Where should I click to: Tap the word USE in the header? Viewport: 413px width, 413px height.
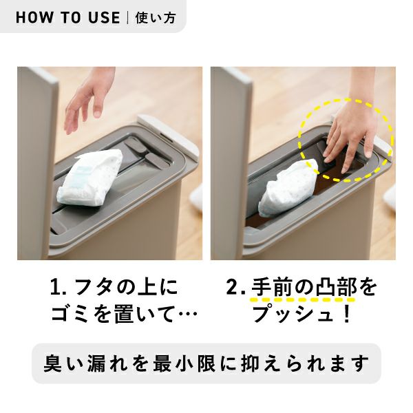[x=105, y=18]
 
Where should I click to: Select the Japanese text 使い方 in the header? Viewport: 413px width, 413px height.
[x=156, y=18]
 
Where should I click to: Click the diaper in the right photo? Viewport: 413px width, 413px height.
[x=288, y=189]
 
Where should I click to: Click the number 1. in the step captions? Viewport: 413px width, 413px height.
[x=59, y=288]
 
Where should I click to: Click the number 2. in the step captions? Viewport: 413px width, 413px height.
[x=235, y=288]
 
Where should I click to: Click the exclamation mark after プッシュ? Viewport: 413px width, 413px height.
[x=347, y=313]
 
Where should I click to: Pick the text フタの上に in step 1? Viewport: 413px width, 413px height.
[x=127, y=288]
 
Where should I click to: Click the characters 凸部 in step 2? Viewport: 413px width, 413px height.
[x=336, y=287]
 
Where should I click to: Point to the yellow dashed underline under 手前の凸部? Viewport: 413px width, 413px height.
[x=302, y=300]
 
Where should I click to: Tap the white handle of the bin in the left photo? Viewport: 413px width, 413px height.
[x=169, y=136]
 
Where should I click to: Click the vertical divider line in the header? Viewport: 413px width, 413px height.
[x=128, y=18]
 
